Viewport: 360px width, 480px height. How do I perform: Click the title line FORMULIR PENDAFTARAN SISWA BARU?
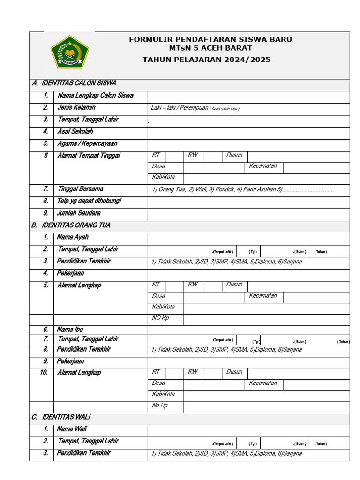click(210, 39)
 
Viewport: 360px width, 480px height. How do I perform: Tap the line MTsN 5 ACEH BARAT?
click(210, 48)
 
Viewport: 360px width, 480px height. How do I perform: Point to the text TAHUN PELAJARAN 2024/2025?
click(206, 60)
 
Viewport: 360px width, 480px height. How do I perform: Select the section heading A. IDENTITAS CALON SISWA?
click(74, 83)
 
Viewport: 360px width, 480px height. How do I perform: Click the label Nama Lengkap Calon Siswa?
click(95, 96)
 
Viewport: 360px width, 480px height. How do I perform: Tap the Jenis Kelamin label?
click(76, 108)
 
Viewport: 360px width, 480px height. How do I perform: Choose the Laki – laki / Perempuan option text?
click(180, 108)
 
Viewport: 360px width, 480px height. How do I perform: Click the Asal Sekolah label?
click(75, 132)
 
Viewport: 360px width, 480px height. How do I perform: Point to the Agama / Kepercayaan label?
click(87, 144)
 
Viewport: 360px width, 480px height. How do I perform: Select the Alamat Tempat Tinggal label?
click(89, 156)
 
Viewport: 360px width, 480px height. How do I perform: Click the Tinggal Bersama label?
click(80, 189)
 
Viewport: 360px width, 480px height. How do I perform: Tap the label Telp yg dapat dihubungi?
click(89, 201)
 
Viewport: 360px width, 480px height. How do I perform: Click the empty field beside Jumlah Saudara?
click(248, 215)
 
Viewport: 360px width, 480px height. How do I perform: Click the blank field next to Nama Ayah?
click(248, 239)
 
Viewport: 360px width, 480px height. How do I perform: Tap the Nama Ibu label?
click(70, 330)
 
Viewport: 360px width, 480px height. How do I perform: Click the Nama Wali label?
click(72, 429)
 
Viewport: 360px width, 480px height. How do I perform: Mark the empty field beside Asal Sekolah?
click(248, 133)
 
